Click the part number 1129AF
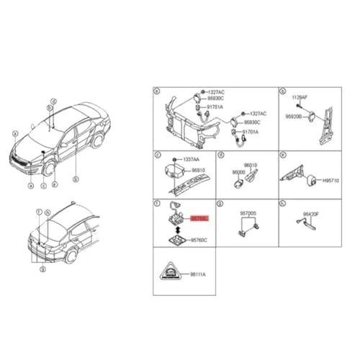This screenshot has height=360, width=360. click(300, 96)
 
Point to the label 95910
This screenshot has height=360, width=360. click(196, 171)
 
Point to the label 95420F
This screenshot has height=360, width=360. click(312, 214)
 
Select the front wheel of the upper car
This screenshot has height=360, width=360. click(50, 170)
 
